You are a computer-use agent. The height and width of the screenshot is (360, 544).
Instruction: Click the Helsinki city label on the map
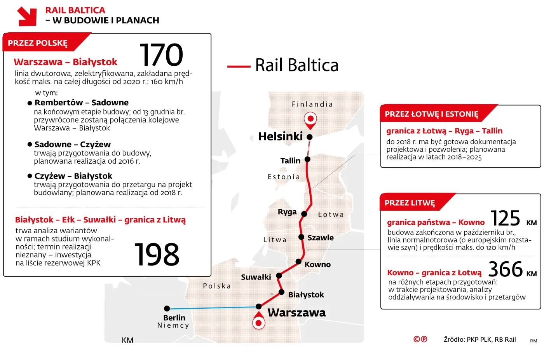coord(280,136)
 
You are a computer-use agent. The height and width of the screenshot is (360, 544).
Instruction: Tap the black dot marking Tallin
coord(307,159)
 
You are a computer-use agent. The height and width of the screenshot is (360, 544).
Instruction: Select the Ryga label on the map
coord(287,212)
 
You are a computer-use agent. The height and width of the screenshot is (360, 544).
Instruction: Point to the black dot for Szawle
coord(301,237)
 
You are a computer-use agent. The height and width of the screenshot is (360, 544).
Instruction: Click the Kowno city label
coord(317,265)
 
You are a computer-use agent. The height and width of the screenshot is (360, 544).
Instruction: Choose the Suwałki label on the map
coord(256,277)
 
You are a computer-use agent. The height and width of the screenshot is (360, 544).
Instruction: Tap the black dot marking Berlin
coord(167,309)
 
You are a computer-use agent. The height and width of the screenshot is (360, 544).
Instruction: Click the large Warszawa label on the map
coord(296,313)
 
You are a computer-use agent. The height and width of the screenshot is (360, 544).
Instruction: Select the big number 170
coord(161,55)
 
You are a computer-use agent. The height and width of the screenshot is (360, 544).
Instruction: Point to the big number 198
coord(157,255)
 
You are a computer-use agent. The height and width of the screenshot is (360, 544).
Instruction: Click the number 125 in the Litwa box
coord(505,218)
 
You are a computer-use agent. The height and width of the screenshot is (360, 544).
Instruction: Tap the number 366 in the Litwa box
coord(506,269)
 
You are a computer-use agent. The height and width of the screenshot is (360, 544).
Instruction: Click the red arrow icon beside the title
coord(27,16)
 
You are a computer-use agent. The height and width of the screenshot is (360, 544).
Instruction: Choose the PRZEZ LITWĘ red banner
coord(410,203)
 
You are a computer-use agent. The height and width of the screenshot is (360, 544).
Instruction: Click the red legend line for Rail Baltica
coord(239,66)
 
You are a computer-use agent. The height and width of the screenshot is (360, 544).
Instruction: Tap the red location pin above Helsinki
coord(310,119)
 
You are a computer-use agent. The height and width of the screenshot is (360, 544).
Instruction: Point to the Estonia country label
coord(284,177)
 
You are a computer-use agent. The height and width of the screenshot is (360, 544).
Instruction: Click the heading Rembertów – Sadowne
coord(82,103)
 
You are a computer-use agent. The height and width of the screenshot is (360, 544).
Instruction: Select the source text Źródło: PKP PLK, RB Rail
coord(480,339)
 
